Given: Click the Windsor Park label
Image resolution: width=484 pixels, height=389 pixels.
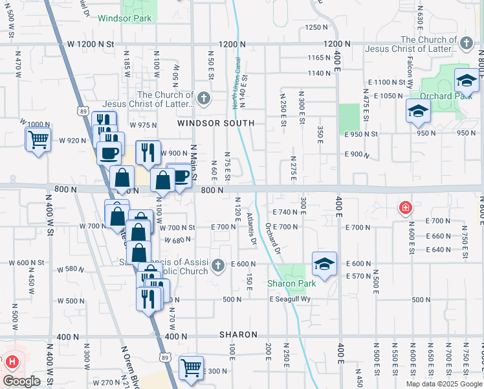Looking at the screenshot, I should coord(125,18).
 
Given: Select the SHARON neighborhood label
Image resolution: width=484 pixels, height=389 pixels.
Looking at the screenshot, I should coord(238,335).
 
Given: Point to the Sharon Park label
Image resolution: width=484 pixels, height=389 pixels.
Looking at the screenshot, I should coord(291,284).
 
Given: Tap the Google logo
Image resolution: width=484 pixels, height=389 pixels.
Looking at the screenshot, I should coord(21,381).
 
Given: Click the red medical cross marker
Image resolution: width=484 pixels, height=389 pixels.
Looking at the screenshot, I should coord(405,208).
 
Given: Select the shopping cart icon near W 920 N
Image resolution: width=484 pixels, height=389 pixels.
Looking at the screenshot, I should coord(38,139).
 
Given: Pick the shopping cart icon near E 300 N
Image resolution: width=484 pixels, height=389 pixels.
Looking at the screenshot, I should coord(191,368).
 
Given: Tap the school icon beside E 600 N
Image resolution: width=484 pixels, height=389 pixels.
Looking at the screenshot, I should coord(324,263).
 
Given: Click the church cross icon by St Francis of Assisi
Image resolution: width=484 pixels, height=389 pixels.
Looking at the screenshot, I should coord(219,264).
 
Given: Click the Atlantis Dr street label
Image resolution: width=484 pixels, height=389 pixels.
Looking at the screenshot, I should coord(253,233).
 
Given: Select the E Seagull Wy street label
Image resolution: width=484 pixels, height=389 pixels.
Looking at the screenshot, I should coord(290,300).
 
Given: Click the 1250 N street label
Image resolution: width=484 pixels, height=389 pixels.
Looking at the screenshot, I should coord(317,27).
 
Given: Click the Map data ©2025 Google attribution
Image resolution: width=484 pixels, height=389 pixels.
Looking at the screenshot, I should coord(443,384).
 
